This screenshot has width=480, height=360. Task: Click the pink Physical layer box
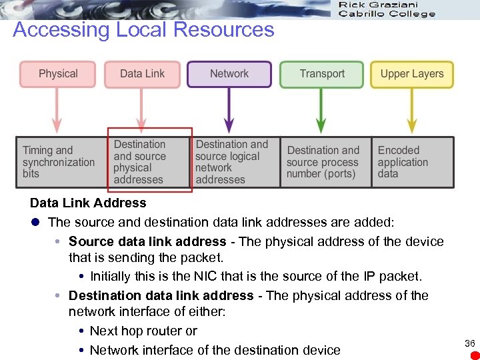point(58,74)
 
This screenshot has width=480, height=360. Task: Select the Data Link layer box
point(142,74)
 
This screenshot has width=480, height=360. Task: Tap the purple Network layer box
point(229,74)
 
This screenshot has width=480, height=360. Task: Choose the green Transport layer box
point(322,74)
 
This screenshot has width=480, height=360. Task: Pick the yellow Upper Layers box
point(412,74)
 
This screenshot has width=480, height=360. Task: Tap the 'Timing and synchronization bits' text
point(59,162)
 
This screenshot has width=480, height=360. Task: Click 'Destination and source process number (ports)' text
point(323,162)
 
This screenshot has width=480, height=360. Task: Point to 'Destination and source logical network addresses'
point(231,162)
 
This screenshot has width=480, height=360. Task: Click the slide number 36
point(469,343)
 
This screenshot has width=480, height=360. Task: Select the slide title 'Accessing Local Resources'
point(143,30)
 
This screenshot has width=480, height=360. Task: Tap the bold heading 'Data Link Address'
point(88,203)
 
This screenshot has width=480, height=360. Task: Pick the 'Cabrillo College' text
point(387,14)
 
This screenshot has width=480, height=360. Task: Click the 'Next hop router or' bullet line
point(143,331)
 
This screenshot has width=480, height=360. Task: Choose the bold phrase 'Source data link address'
point(147,241)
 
